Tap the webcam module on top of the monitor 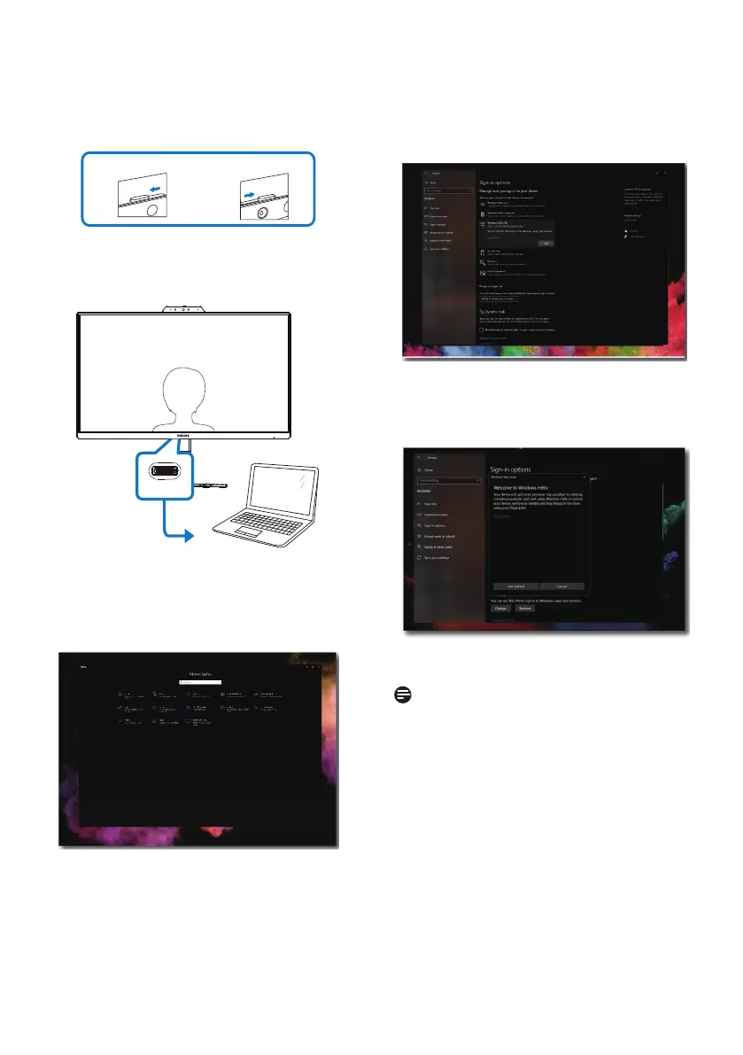coord(185,309)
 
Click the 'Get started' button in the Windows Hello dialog coord(515,586)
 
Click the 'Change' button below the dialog coord(500,609)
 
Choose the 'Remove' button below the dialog coord(526,609)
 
